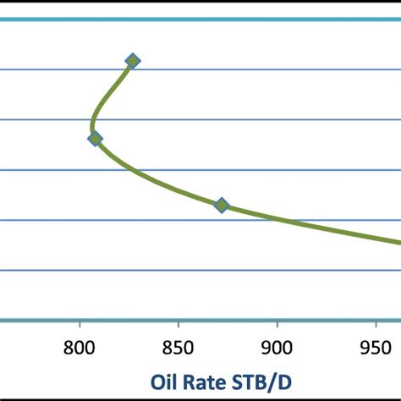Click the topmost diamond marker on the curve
133,60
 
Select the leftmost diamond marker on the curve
95,139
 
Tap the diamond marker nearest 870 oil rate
222,205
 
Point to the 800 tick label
80,347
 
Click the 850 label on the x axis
178,347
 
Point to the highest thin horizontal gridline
254,69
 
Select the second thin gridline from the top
254,119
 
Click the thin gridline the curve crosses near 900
169,220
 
